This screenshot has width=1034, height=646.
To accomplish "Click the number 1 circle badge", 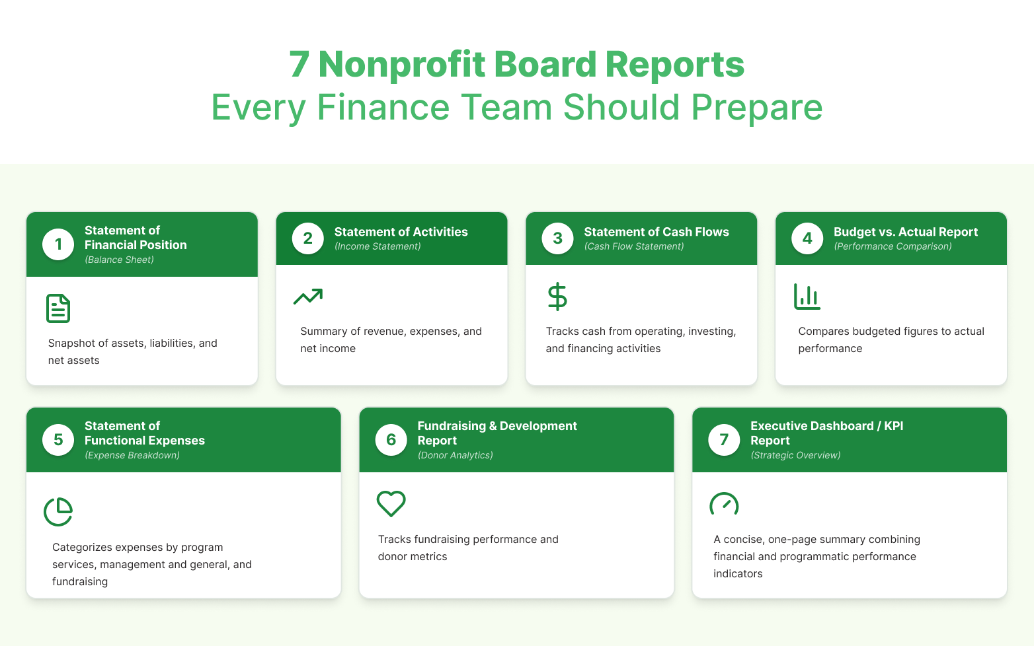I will point(58,244).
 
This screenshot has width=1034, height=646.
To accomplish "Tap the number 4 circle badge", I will point(807,238).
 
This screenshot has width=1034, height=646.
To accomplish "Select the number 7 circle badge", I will point(724,439).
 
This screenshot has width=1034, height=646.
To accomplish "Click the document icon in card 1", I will point(58,308).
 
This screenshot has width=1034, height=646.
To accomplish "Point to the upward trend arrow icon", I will point(308,297).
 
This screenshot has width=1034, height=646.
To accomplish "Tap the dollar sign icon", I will point(557,297).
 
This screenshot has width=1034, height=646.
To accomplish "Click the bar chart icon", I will point(807,297).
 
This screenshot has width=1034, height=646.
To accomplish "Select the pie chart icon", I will point(58,512).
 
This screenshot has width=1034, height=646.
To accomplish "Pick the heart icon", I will point(391,503).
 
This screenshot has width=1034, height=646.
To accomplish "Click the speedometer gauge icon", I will point(724,504).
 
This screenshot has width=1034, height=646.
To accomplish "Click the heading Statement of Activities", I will point(401,232).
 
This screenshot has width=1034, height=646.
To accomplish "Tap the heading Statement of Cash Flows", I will point(656,232).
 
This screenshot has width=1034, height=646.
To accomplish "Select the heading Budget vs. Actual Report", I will point(906,232).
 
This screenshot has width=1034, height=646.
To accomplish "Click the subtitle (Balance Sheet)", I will point(119,260).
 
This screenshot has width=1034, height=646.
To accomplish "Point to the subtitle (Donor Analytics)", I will point(455,455).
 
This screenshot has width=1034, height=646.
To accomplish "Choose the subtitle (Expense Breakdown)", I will point(132,455).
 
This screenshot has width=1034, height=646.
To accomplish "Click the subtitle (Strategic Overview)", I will point(795,455).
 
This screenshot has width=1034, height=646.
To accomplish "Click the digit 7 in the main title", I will point(299,65).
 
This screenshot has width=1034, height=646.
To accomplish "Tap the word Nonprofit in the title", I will point(401,65).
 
